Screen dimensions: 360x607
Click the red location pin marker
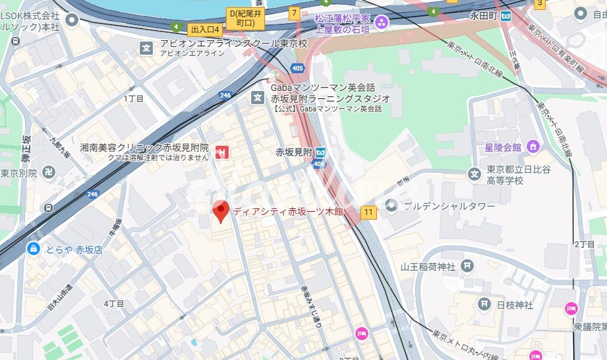click(221, 210)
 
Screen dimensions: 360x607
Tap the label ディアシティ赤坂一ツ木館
click(284, 212)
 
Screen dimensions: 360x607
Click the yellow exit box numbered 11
click(368, 212)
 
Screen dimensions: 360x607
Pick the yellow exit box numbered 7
click(294, 13)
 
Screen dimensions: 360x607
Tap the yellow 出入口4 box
click(204, 29)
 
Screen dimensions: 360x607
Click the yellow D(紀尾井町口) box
click(246, 18)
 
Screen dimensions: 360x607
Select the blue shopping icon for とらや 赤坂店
click(32, 249)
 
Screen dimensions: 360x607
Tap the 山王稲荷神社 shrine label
click(428, 267)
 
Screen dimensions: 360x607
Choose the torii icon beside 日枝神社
click(484, 304)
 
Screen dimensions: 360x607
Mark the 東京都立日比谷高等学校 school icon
click(473, 174)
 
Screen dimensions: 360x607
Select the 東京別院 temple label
click(18, 173)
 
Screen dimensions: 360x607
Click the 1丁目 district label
click(133, 98)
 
